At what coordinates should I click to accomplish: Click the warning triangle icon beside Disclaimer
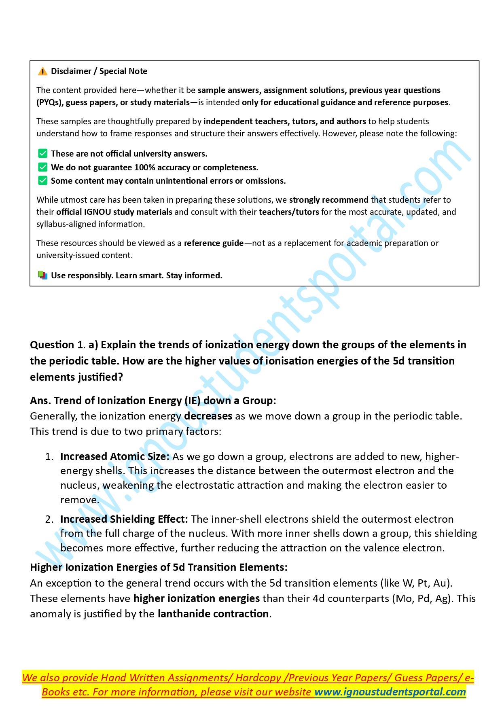pos(42,72)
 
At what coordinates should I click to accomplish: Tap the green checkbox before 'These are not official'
pos(42,154)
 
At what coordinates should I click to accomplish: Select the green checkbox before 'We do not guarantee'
pos(42,167)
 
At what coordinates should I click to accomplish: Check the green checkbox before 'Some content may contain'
pos(42,180)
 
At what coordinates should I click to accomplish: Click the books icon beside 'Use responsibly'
pos(42,276)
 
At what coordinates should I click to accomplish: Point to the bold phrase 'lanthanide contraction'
pos(213,614)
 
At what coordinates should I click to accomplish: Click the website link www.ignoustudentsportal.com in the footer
pos(390,692)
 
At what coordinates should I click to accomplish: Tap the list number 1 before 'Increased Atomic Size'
pos(49,457)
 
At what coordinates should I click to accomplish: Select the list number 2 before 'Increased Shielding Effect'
pos(49,519)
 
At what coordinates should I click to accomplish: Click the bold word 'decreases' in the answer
pos(208,416)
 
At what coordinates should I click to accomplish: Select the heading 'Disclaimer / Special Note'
pos(99,71)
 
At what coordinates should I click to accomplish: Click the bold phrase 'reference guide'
pos(214,243)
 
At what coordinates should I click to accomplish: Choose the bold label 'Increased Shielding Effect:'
pos(124,519)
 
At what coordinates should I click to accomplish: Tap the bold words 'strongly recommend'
pos(328,200)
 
